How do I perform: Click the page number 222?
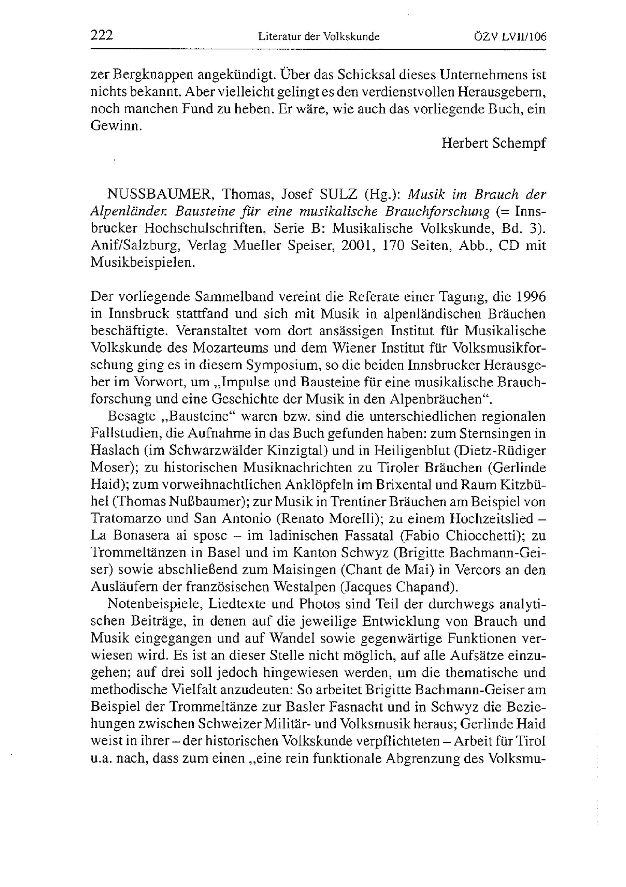point(102,36)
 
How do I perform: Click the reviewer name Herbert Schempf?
point(494,143)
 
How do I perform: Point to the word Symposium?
point(287,365)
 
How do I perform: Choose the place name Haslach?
point(115,451)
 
